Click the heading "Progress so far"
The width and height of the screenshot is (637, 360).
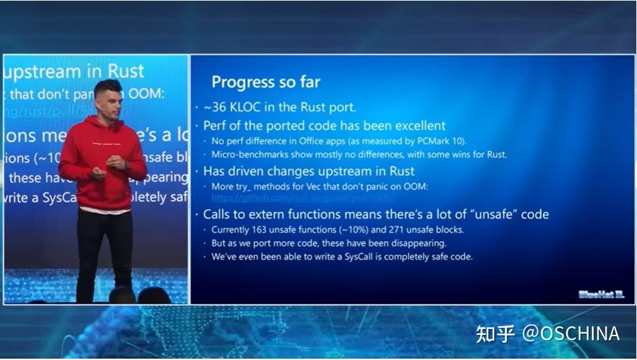pos(266,82)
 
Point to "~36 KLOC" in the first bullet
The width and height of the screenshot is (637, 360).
pos(227,108)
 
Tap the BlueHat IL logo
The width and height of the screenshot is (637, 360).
pos(601,295)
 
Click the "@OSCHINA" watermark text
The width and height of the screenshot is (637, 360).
pos(571,334)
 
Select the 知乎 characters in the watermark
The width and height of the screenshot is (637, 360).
pos(496,334)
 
